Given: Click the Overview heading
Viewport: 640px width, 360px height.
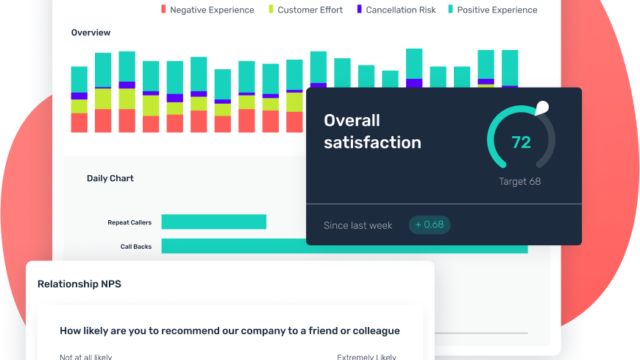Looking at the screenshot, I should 90,32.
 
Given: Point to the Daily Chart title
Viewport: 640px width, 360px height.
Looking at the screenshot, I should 110,178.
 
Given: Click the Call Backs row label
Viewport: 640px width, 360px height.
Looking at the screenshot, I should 138,245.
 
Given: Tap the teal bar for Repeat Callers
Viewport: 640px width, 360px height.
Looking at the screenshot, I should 213,222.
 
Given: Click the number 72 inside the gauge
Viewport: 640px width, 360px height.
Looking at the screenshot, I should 521,142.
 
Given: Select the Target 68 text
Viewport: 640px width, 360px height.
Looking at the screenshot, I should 520,182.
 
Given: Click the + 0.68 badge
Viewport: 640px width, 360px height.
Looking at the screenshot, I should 429,224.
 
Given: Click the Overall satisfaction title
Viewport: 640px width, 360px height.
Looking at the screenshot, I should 372,131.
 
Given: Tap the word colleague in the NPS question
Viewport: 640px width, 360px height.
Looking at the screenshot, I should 370,330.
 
